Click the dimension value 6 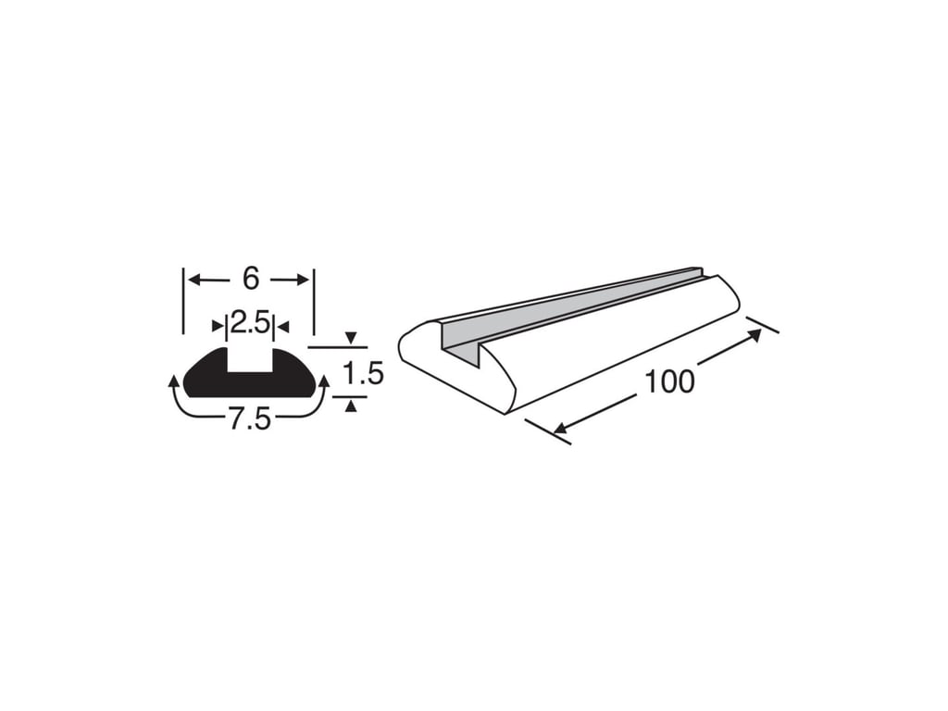click(x=251, y=279)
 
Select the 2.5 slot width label click(x=250, y=325)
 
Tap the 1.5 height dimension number click(x=363, y=373)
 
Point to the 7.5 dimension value click(x=250, y=419)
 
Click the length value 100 click(x=670, y=381)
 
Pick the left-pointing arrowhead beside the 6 click(x=194, y=280)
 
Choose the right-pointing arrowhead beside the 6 click(x=303, y=280)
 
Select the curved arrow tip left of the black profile click(x=173, y=380)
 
